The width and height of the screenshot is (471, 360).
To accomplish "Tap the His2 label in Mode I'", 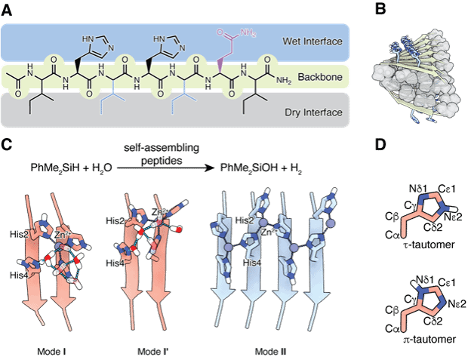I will (115, 220).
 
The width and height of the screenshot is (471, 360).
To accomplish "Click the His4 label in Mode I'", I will (115, 263).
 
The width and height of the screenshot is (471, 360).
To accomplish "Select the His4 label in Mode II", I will (252, 262).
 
